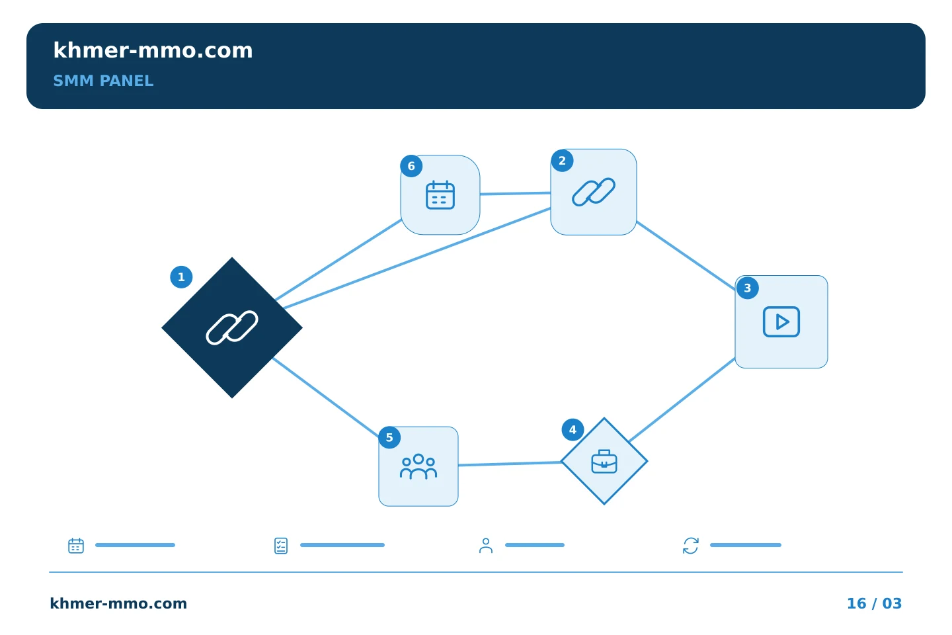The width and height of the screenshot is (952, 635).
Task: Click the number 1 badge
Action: point(181,277)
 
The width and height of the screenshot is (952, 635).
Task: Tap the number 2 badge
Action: point(562,161)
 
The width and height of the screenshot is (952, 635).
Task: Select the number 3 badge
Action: point(747,288)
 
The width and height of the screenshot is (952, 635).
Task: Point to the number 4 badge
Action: point(573,429)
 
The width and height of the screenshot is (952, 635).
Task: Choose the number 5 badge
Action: point(389,437)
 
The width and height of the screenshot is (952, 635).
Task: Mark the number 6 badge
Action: point(411,166)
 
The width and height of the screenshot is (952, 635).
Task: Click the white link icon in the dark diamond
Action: point(232,327)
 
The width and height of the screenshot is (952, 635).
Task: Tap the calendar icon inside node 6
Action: point(440,194)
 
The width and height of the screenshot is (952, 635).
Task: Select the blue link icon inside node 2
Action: point(593,192)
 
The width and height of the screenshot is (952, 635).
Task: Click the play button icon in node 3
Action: point(781,322)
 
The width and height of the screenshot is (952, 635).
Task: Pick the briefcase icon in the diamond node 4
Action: point(604,462)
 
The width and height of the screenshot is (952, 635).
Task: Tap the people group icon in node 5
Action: point(418,466)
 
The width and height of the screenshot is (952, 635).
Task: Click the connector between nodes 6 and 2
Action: point(515,194)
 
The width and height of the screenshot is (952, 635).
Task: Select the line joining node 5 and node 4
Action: point(510,464)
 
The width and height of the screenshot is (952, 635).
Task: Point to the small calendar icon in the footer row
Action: point(76,545)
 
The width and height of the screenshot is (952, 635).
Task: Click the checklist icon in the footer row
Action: point(281,546)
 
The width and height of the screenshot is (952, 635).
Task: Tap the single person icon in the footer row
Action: point(486,546)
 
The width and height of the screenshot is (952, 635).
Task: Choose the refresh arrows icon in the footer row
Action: point(691,546)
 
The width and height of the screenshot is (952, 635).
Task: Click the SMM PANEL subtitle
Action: point(103,81)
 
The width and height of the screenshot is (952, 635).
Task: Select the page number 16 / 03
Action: point(874,603)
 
